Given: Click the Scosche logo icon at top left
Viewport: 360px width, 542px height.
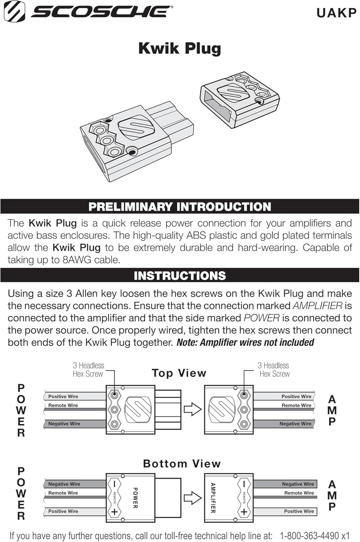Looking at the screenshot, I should pyautogui.click(x=14, y=11).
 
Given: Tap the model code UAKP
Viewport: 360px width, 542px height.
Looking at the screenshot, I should pyautogui.click(x=336, y=13).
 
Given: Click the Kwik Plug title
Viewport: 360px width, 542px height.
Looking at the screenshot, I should pyautogui.click(x=179, y=48).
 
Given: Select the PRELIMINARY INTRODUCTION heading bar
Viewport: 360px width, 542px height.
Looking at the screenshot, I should pyautogui.click(x=179, y=207).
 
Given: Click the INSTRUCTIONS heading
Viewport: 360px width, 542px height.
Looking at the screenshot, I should pyautogui.click(x=179, y=276).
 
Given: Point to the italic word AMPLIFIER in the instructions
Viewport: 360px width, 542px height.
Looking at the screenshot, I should pyautogui.click(x=317, y=306).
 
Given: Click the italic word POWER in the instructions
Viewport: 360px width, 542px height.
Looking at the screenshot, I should pyautogui.click(x=261, y=318).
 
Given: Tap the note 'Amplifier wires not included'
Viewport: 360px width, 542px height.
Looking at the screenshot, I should pyautogui.click(x=245, y=342).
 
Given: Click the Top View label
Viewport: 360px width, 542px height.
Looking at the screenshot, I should pyautogui.click(x=179, y=373).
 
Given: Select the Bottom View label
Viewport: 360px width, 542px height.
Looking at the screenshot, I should pyautogui.click(x=182, y=464).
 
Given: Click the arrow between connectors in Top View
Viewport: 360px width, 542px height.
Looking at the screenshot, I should pyautogui.click(x=192, y=409).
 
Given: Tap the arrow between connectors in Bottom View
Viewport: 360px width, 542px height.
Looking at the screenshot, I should pyautogui.click(x=192, y=498).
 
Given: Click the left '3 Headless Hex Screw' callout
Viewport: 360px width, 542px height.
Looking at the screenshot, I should pyautogui.click(x=88, y=370).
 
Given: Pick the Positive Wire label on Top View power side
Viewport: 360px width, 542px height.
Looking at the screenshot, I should pyautogui.click(x=63, y=396).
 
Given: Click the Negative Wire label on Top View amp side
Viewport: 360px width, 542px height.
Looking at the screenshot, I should pyautogui.click(x=295, y=423).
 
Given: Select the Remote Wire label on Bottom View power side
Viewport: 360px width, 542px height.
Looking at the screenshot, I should pyautogui.click(x=63, y=493).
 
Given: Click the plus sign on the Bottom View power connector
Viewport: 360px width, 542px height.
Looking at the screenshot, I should pyautogui.click(x=114, y=512).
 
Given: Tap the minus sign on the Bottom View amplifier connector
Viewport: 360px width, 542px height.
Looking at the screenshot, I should pyautogui.click(x=244, y=484).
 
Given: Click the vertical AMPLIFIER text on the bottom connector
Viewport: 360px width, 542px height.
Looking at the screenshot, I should pyautogui.click(x=213, y=498).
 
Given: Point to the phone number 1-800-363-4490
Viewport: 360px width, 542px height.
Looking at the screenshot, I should pyautogui.click(x=309, y=535).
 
